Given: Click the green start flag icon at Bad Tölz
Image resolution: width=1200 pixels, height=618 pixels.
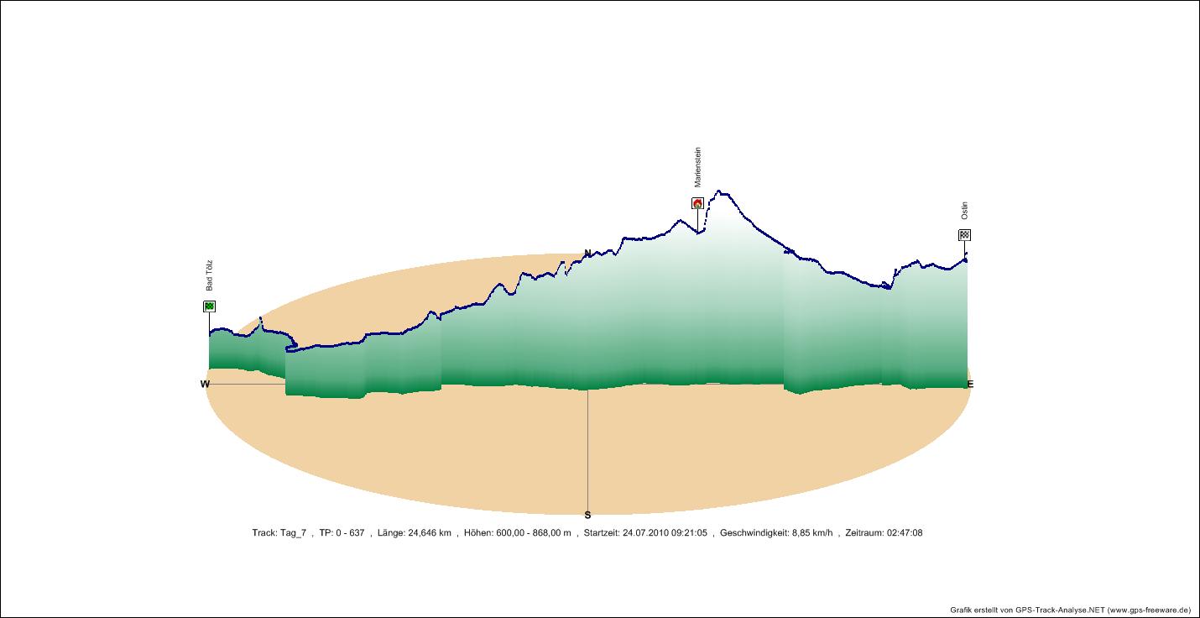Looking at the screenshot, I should pos(209,306).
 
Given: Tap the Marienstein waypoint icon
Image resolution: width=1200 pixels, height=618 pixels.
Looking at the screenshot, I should pos(697,203).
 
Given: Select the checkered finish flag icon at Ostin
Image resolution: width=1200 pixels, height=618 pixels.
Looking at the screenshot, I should pos(965,235).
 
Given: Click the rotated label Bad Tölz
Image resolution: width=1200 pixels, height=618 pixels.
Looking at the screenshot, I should pos(210,275).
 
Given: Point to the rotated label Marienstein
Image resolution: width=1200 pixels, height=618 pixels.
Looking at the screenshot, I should pos(697,168).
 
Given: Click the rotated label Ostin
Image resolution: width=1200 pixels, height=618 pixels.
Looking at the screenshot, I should pos(965,211).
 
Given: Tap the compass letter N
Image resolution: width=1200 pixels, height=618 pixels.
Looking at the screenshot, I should pos(587,253).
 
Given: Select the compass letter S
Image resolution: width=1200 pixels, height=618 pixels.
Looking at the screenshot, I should pos(587,516).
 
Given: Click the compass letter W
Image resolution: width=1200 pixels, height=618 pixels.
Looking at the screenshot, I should pos(205,385).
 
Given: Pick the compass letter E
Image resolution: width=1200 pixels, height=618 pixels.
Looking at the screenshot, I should pos(970,385).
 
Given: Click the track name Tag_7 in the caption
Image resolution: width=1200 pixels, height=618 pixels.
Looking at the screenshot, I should pos(293,533).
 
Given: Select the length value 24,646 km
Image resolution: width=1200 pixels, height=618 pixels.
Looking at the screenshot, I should pos(428,533).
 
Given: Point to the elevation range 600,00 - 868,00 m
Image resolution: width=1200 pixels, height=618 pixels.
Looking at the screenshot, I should pos(532,533).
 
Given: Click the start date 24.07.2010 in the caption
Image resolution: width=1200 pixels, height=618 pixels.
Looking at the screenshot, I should pos(645,533).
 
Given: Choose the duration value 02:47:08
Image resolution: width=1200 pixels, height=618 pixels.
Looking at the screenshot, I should pos(905,533).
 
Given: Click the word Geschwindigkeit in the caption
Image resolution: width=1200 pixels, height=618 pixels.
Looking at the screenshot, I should pos(753,533).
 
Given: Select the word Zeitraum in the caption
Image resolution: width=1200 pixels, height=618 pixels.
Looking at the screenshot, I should pos(863,533).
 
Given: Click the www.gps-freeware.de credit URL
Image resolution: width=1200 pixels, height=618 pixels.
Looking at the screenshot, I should pos(1150,610).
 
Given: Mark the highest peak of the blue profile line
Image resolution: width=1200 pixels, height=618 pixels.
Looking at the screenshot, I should pos(719,191).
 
